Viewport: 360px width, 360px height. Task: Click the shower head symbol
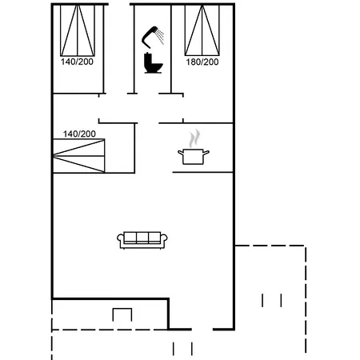tap(149, 34)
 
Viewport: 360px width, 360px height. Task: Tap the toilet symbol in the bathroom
tap(151, 63)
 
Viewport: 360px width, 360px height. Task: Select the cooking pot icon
tap(192, 156)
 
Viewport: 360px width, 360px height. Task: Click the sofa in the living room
tap(142, 239)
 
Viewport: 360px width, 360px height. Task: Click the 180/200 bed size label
tap(202, 61)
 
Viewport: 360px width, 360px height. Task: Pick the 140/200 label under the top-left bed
tap(78, 61)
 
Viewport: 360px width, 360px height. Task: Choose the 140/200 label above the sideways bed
tap(79, 134)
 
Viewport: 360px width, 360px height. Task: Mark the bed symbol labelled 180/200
tap(202, 29)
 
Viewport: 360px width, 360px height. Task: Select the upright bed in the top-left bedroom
tap(78, 29)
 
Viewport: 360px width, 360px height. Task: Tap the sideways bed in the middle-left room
tap(78, 154)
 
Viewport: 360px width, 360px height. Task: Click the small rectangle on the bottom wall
tap(122, 314)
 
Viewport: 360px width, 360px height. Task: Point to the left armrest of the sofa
tap(120, 239)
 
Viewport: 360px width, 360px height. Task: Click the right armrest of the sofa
tap(165, 239)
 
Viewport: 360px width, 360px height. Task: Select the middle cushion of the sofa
tap(142, 238)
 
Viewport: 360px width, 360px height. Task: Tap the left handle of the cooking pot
tap(179, 152)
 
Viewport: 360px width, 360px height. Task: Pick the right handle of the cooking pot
tap(206, 152)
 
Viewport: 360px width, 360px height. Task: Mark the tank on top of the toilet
tap(149, 57)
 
